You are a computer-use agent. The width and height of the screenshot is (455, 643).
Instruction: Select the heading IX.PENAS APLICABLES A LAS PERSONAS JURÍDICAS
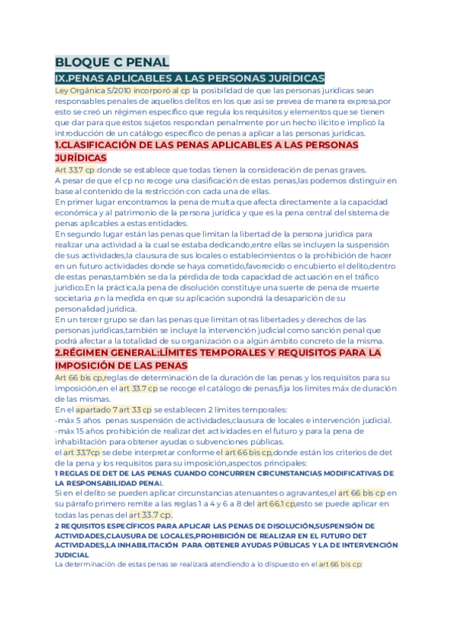(190, 78)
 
